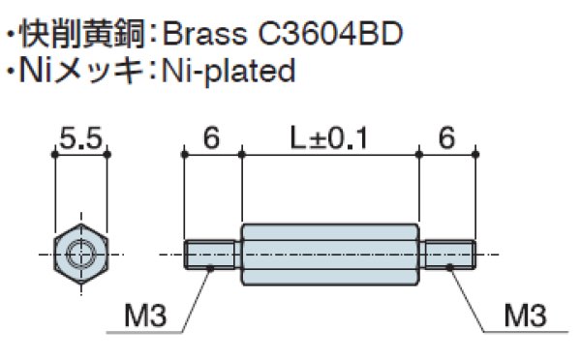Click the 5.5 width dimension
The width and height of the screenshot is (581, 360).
tap(80, 140)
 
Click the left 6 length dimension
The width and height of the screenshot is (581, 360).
tap(211, 140)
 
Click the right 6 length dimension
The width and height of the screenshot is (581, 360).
tap(446, 140)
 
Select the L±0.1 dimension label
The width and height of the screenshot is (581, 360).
tap(329, 140)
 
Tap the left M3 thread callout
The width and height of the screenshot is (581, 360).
tap(145, 315)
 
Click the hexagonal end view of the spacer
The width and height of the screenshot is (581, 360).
tap(80, 255)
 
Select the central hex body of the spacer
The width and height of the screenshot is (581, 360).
tap(329, 255)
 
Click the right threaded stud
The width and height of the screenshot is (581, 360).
tap(446, 255)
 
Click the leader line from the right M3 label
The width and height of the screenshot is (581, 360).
tap(468, 296)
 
